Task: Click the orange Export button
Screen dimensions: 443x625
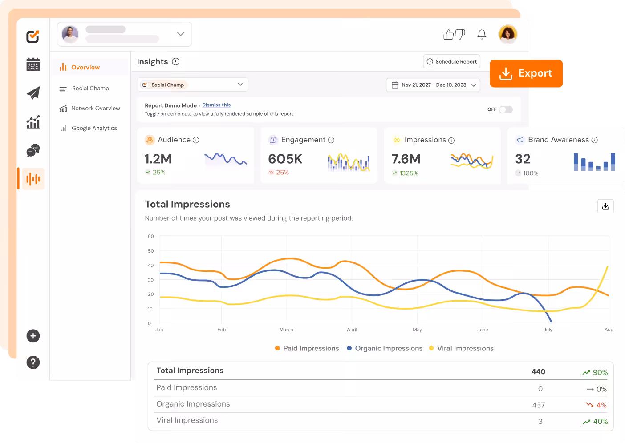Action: point(526,73)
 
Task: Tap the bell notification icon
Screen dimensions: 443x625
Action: point(482,34)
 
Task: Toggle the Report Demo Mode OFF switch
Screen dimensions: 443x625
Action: point(506,109)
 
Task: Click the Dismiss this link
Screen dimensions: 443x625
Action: point(216,105)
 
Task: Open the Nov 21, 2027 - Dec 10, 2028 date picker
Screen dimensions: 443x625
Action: point(433,85)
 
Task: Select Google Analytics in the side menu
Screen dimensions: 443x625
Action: point(94,128)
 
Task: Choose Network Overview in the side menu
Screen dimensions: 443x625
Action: point(95,108)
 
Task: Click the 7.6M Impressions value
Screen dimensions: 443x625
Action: point(406,159)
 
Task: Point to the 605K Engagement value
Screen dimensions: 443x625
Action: point(285,159)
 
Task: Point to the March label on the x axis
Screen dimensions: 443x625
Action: point(286,330)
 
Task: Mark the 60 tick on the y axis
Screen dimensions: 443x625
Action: point(151,236)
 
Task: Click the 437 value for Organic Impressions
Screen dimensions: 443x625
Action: point(538,405)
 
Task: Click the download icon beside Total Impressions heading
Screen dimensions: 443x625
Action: point(605,206)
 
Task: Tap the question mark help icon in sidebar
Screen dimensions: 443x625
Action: point(33,362)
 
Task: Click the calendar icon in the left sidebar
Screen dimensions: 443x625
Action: point(33,64)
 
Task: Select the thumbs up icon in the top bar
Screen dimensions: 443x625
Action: point(449,34)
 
